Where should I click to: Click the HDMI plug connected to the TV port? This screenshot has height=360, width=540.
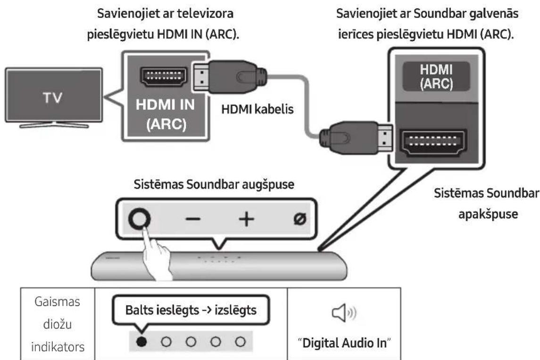click(231, 76)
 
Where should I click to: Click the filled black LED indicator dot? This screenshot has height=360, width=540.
click(141, 340)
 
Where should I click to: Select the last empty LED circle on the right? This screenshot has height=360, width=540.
click(241, 340)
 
